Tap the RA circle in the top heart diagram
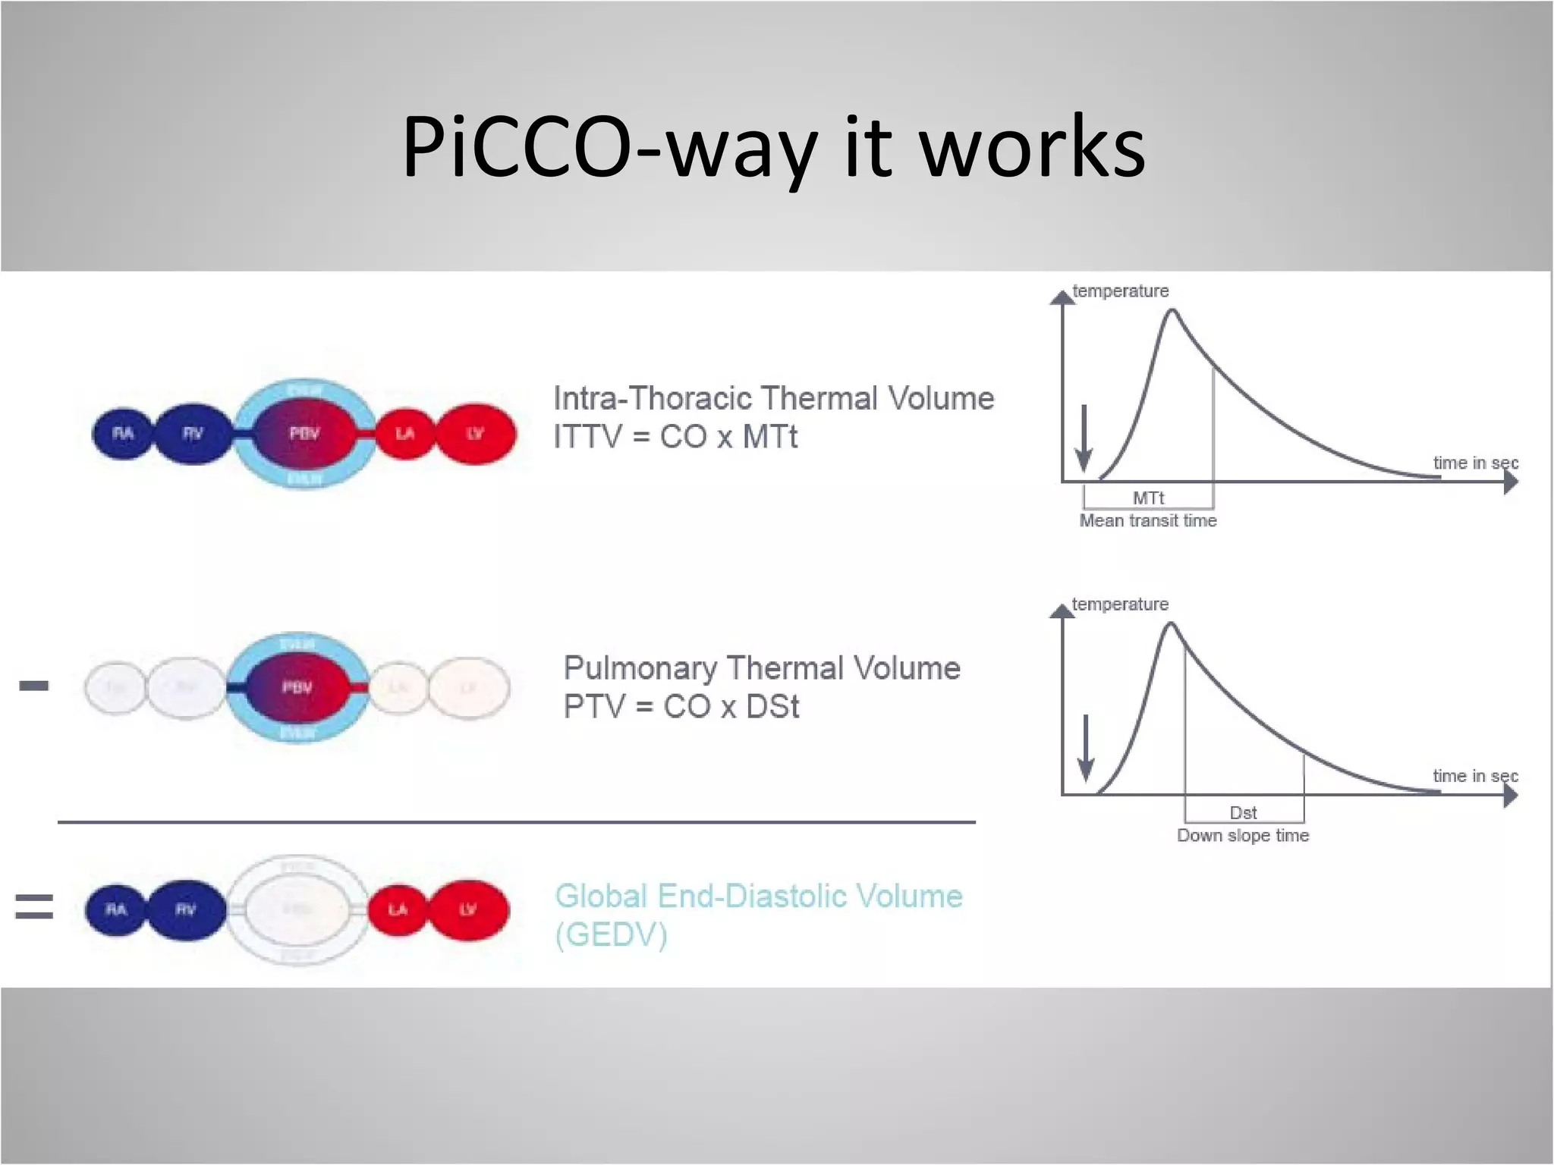122,434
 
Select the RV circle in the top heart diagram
193,434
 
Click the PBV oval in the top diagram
304,434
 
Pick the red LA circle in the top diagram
404,434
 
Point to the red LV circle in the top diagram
476,434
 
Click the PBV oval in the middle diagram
297,687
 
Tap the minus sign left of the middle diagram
34,686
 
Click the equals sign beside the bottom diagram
34,906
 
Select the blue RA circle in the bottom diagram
116,909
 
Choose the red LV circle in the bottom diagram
469,909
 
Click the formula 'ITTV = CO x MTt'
675,438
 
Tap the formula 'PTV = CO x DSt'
681,707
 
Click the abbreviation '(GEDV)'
611,935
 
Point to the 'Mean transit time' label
1147,521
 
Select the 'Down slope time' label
1243,836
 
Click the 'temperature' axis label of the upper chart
1120,291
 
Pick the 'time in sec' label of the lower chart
1475,776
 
